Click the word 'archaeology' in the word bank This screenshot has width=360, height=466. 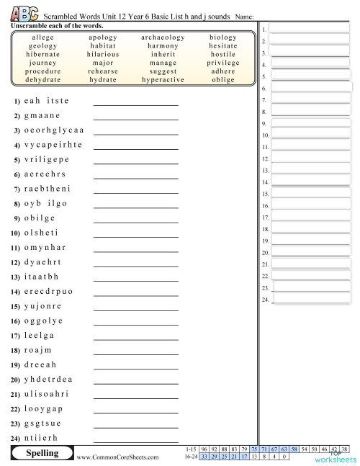tap(153, 37)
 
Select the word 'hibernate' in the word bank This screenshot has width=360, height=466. tap(43, 54)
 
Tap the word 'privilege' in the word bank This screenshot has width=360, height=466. tap(223, 63)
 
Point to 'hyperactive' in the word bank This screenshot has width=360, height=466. tap(153, 80)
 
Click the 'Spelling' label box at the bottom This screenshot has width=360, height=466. tap(41, 454)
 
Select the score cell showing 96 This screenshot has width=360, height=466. tap(204, 448)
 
